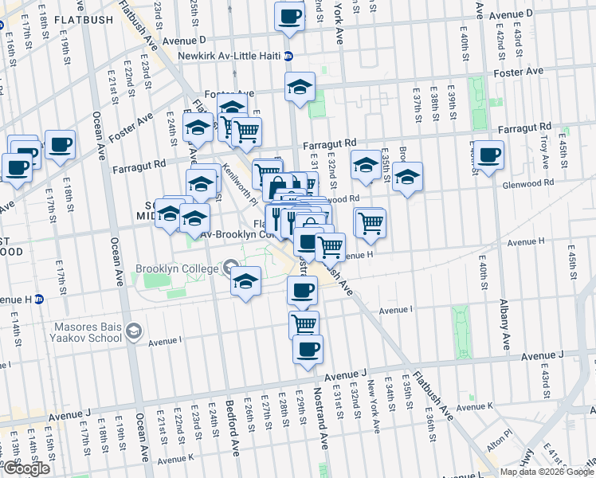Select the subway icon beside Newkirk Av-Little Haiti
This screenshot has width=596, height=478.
(x=288, y=56)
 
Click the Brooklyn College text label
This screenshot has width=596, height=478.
(x=176, y=269)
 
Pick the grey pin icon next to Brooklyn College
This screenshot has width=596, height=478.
(x=231, y=267)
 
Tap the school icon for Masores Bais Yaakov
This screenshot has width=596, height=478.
(x=135, y=330)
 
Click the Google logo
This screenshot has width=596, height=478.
(x=26, y=468)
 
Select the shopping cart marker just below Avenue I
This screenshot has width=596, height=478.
(x=304, y=323)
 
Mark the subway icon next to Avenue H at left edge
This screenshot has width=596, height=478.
(x=40, y=300)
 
